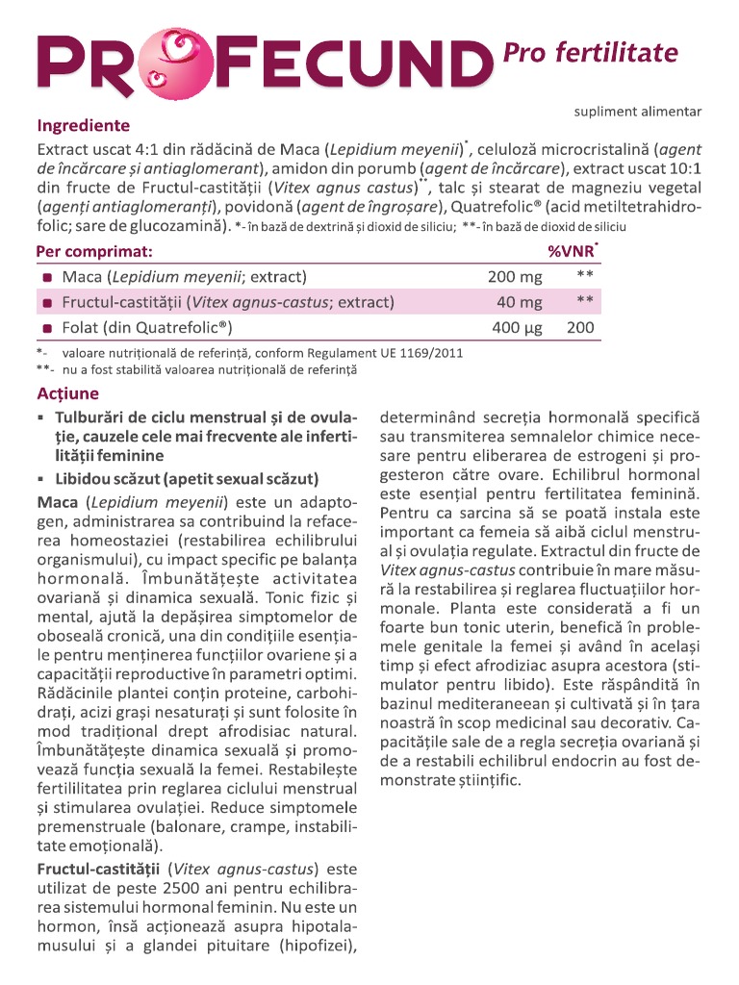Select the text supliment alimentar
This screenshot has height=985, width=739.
[x=638, y=112]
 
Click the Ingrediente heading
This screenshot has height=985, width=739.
[x=83, y=126]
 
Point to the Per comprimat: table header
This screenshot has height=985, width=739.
[x=94, y=251]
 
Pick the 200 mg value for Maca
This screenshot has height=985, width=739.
[x=515, y=277]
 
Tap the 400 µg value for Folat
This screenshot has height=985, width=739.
[x=517, y=328]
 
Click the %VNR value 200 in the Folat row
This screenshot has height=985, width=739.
[x=580, y=328]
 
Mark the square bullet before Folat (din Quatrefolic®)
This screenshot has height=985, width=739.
[x=46, y=328]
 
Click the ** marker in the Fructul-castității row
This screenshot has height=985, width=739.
[x=583, y=301]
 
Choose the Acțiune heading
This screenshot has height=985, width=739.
[x=67, y=394]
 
